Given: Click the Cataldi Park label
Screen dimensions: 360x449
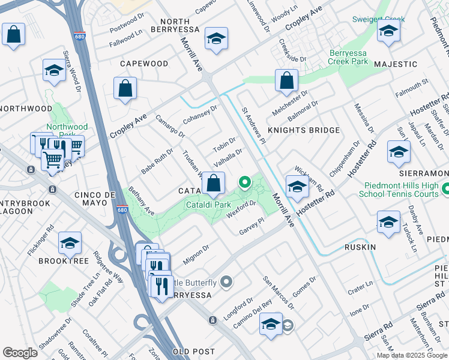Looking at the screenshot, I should tap(207, 205).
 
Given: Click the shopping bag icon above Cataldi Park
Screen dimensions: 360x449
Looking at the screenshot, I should tap(213, 183).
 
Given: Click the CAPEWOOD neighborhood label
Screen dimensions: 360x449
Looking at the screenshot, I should tap(144, 64).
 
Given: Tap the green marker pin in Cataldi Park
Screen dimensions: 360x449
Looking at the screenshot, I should tap(244, 182).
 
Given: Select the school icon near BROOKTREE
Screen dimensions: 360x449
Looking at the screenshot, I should tap(70, 243).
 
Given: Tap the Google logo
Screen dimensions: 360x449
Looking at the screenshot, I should tap(20, 353).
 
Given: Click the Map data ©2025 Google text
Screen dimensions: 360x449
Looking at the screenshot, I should tap(412, 355).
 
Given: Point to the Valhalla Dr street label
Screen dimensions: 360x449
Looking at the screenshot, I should tap(228, 158).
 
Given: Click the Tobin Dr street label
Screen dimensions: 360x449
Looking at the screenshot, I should tap(224, 145).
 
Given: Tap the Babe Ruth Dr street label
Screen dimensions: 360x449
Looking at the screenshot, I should tap(157, 162).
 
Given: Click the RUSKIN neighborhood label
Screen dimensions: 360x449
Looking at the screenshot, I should tap(360, 247).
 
